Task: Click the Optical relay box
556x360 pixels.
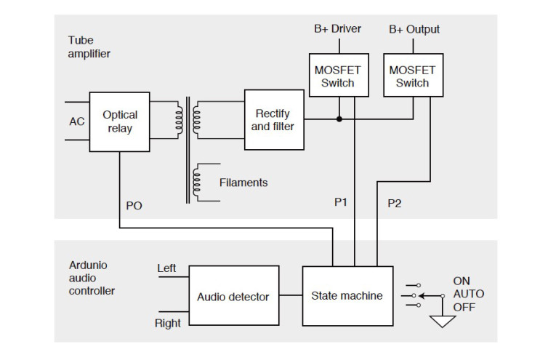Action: (x=120, y=121)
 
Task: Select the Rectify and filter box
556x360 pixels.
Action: (x=273, y=119)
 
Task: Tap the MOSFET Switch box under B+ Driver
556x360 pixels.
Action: (x=338, y=76)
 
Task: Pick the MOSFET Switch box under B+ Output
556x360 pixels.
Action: (x=412, y=76)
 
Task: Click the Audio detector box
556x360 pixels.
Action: (x=233, y=297)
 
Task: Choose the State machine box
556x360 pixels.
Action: (x=347, y=296)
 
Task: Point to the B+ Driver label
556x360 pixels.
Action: (x=337, y=29)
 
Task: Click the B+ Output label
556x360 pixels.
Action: (x=414, y=29)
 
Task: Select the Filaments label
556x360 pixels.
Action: (x=243, y=183)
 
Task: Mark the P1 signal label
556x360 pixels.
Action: (x=342, y=203)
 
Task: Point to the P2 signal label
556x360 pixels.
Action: (x=394, y=203)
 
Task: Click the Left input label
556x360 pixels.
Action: (x=166, y=269)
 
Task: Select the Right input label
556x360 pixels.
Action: (x=168, y=323)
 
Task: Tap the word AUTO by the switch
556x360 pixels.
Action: (x=469, y=294)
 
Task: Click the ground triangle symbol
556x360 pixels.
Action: (x=442, y=321)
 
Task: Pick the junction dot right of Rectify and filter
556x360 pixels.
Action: (x=339, y=119)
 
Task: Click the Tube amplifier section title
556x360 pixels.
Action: (x=90, y=47)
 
